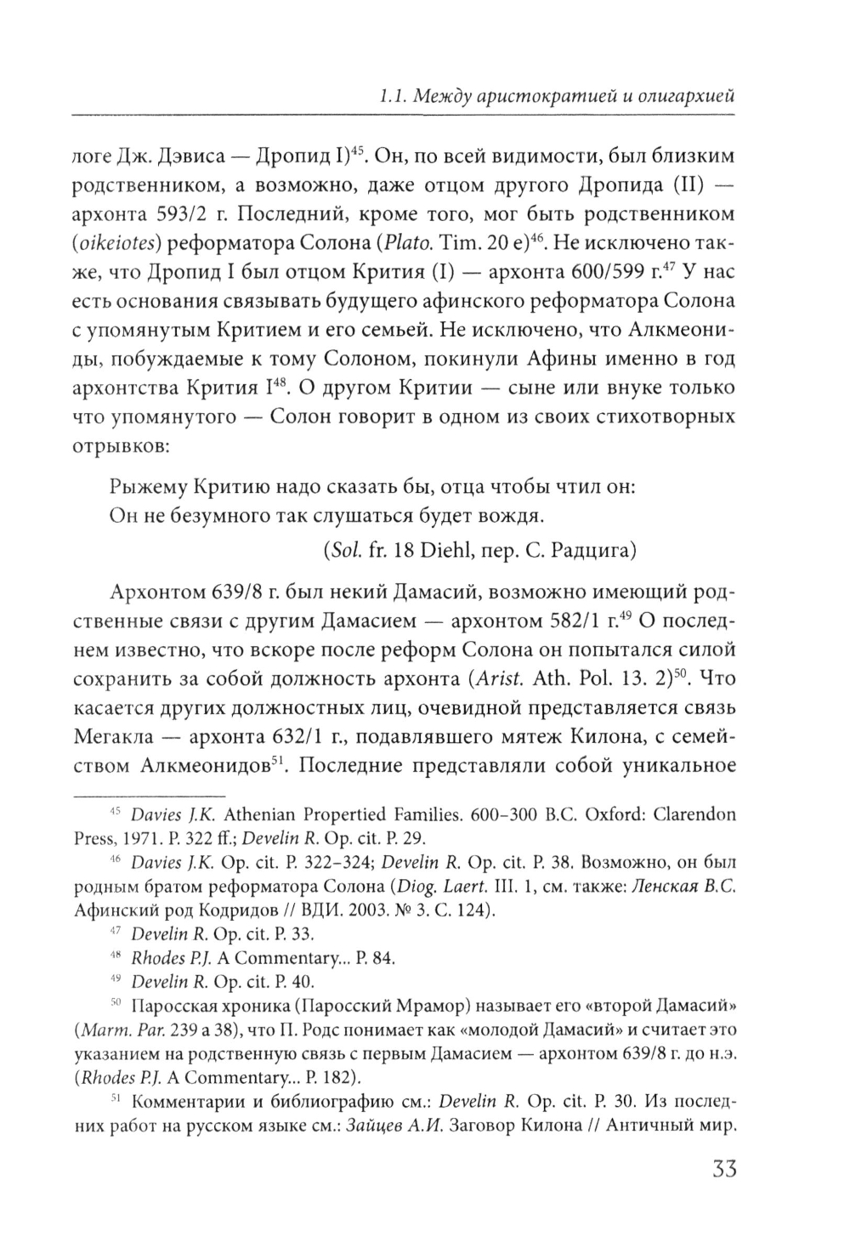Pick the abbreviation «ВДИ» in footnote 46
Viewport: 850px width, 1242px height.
point(334,910)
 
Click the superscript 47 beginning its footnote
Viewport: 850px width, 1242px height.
point(119,933)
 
